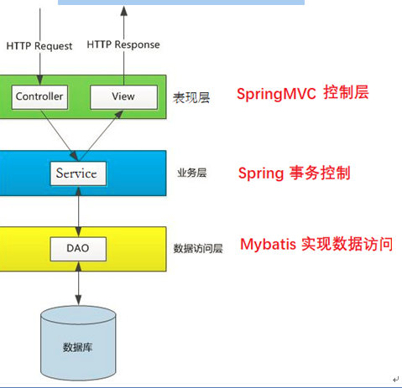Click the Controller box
[x=39, y=96]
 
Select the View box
[x=123, y=96]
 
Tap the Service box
[x=76, y=173]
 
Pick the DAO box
[x=77, y=247]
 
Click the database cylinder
[x=77, y=344]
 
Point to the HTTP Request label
[x=39, y=45]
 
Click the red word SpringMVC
[x=275, y=94]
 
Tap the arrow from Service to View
[x=102, y=134]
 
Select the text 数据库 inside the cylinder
[x=77, y=347]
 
